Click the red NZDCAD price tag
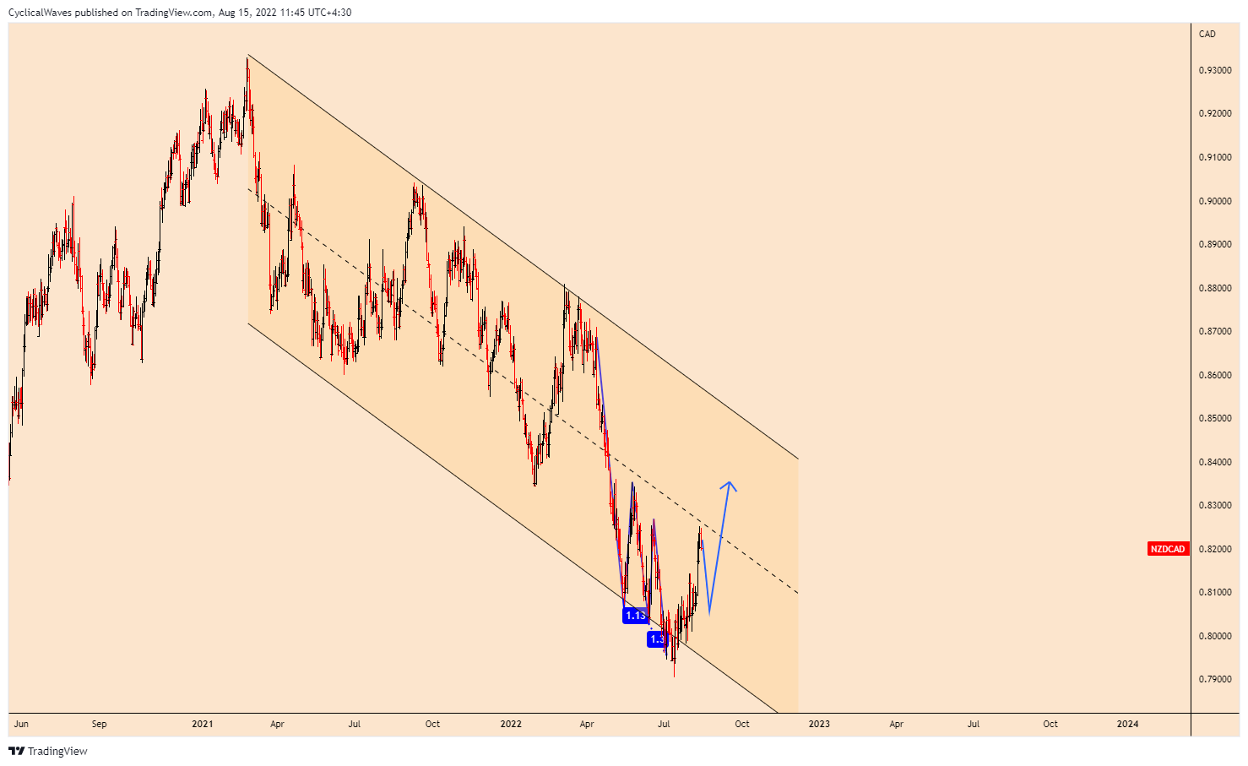(1168, 549)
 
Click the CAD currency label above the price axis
(1207, 34)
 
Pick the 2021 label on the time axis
(202, 724)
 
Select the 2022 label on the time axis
(511, 724)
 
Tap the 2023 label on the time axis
(819, 724)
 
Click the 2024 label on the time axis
(1127, 724)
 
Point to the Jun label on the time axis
(21, 724)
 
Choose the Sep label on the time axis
(99, 724)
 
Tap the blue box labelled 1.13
(635, 616)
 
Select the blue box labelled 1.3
(657, 639)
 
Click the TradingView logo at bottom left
(48, 751)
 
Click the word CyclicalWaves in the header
(39, 13)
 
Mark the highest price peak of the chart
(247, 57)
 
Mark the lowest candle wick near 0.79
(674, 675)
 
